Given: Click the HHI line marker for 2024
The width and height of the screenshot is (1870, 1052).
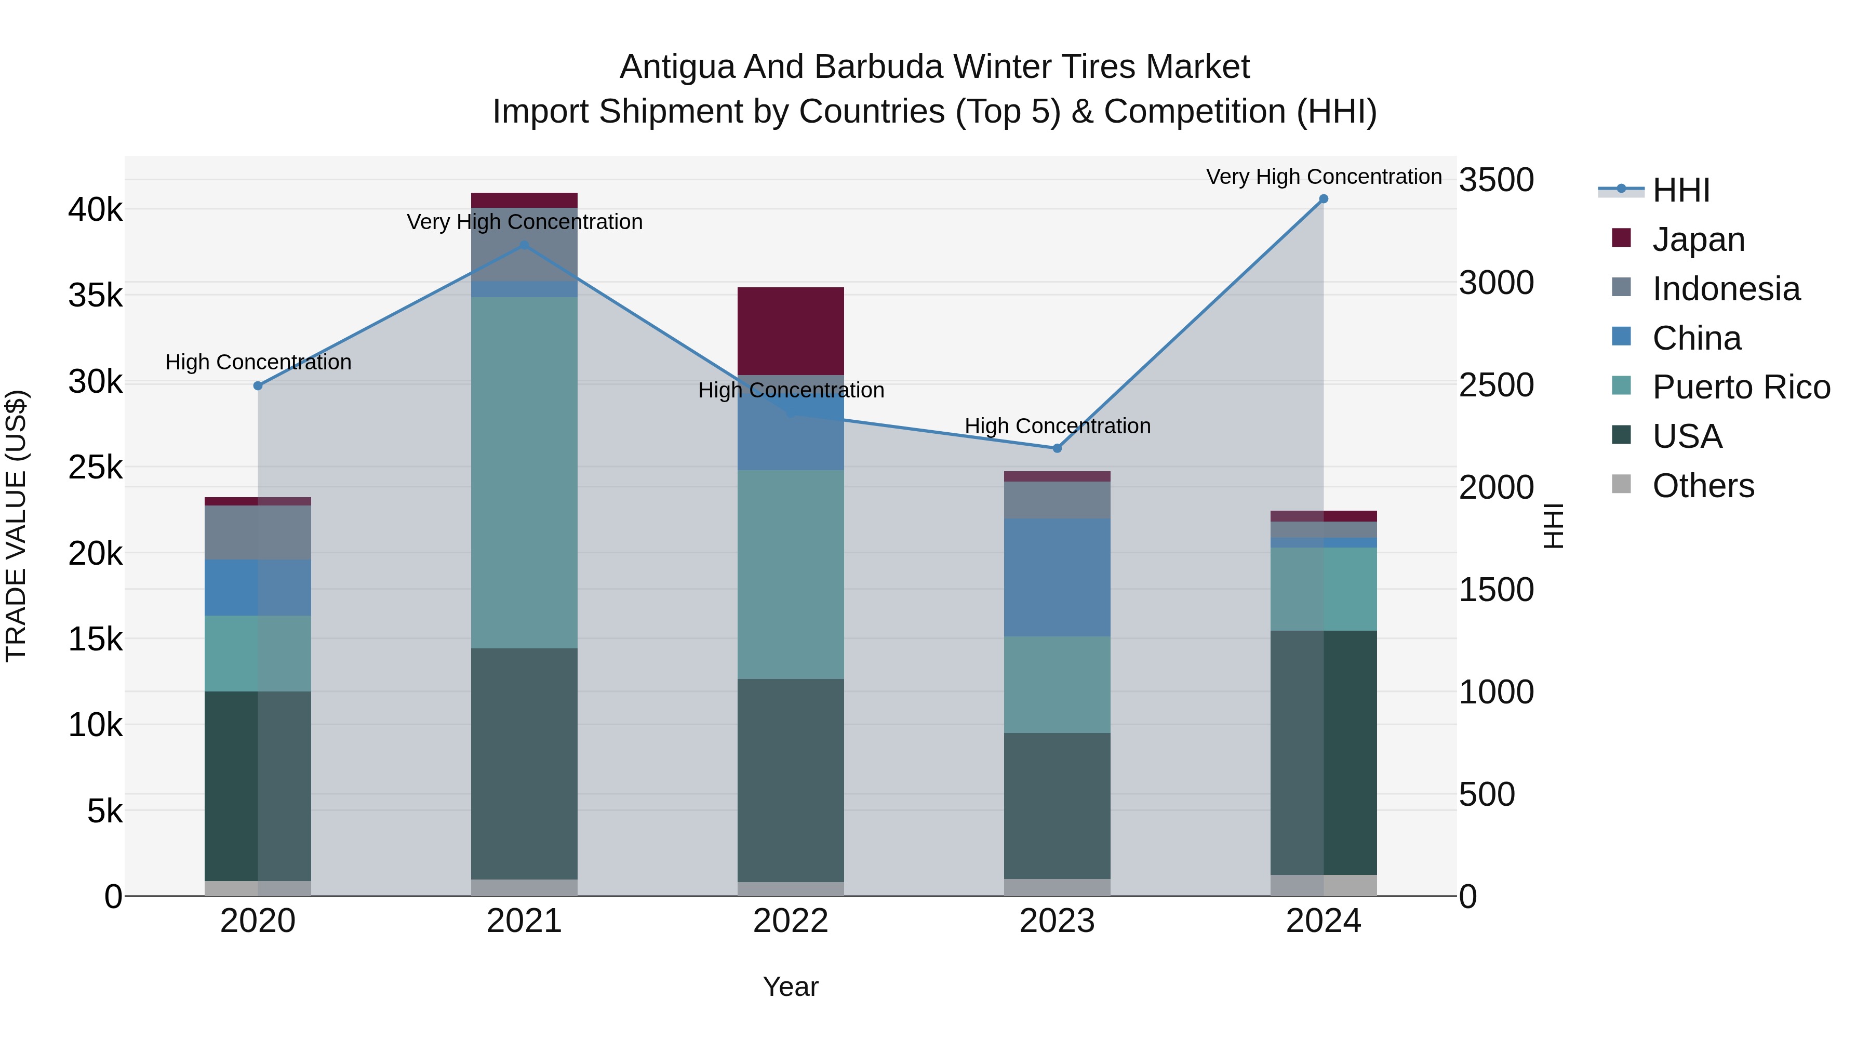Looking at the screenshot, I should pyautogui.click(x=1324, y=199).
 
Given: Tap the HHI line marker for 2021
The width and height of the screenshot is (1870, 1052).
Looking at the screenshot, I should pyautogui.click(x=524, y=245).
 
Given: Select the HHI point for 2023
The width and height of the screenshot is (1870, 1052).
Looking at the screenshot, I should pyautogui.click(x=1057, y=449).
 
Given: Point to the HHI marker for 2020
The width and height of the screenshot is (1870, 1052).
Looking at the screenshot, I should pyautogui.click(x=258, y=385).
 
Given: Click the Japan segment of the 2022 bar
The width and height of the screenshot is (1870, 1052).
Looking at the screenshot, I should pyautogui.click(x=791, y=331).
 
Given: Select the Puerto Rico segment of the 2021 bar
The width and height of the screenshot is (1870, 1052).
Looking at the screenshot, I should pyautogui.click(x=524, y=472).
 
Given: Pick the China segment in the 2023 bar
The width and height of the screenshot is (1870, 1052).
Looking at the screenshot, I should pyautogui.click(x=1057, y=577).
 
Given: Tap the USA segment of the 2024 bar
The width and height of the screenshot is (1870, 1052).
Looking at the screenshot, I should pyautogui.click(x=1324, y=752).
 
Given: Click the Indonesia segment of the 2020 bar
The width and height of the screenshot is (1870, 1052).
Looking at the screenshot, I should pyautogui.click(x=258, y=532).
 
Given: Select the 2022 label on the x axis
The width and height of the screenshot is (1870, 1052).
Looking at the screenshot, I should pyautogui.click(x=791, y=921).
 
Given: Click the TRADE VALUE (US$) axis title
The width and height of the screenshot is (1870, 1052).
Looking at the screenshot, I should pyautogui.click(x=17, y=526).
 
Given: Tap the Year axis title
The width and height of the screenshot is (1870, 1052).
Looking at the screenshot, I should pyautogui.click(x=791, y=987).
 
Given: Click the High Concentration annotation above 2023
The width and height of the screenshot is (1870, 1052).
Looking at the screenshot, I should pyautogui.click(x=1057, y=426).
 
